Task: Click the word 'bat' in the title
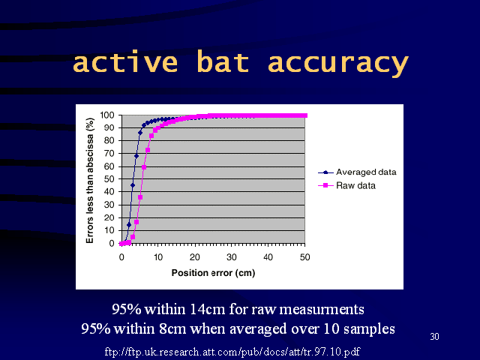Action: point(223,61)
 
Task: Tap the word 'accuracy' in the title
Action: point(338,64)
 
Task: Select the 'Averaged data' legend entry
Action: point(357,172)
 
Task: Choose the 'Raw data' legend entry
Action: point(346,185)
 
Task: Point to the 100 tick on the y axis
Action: point(107,115)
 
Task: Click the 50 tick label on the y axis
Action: point(109,178)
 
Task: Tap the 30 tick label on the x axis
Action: point(232,257)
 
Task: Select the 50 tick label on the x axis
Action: point(305,257)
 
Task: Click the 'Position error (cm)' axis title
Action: point(213,273)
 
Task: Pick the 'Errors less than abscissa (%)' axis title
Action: point(90,181)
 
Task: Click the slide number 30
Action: point(435,337)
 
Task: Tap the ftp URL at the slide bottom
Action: point(232,352)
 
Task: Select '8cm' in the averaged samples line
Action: point(172,328)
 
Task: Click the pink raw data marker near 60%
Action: point(144,167)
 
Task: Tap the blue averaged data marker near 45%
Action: point(133,185)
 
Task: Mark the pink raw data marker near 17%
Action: point(136,222)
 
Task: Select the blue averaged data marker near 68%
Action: point(136,156)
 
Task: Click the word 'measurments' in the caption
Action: point(322,309)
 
